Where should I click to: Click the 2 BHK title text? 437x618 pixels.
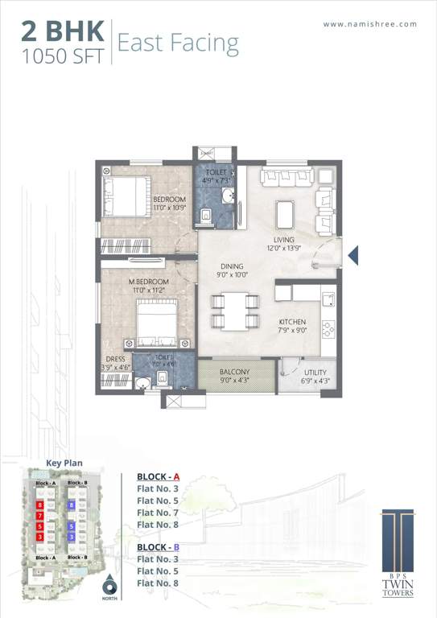pos(62,31)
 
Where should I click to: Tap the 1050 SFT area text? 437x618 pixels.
pos(62,57)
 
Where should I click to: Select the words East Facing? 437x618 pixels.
pos(178,43)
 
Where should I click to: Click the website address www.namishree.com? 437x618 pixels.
pos(370,24)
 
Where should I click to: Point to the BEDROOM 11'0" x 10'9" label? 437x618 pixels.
pos(169,204)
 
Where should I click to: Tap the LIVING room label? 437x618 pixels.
pos(283,244)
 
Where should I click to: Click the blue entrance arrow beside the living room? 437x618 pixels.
pos(352,256)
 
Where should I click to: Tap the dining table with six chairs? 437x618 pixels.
pos(234,311)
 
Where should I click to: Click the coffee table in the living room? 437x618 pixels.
pos(285,213)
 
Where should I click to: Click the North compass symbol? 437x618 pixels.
pos(109,587)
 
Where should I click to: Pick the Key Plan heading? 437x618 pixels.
pos(64,463)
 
